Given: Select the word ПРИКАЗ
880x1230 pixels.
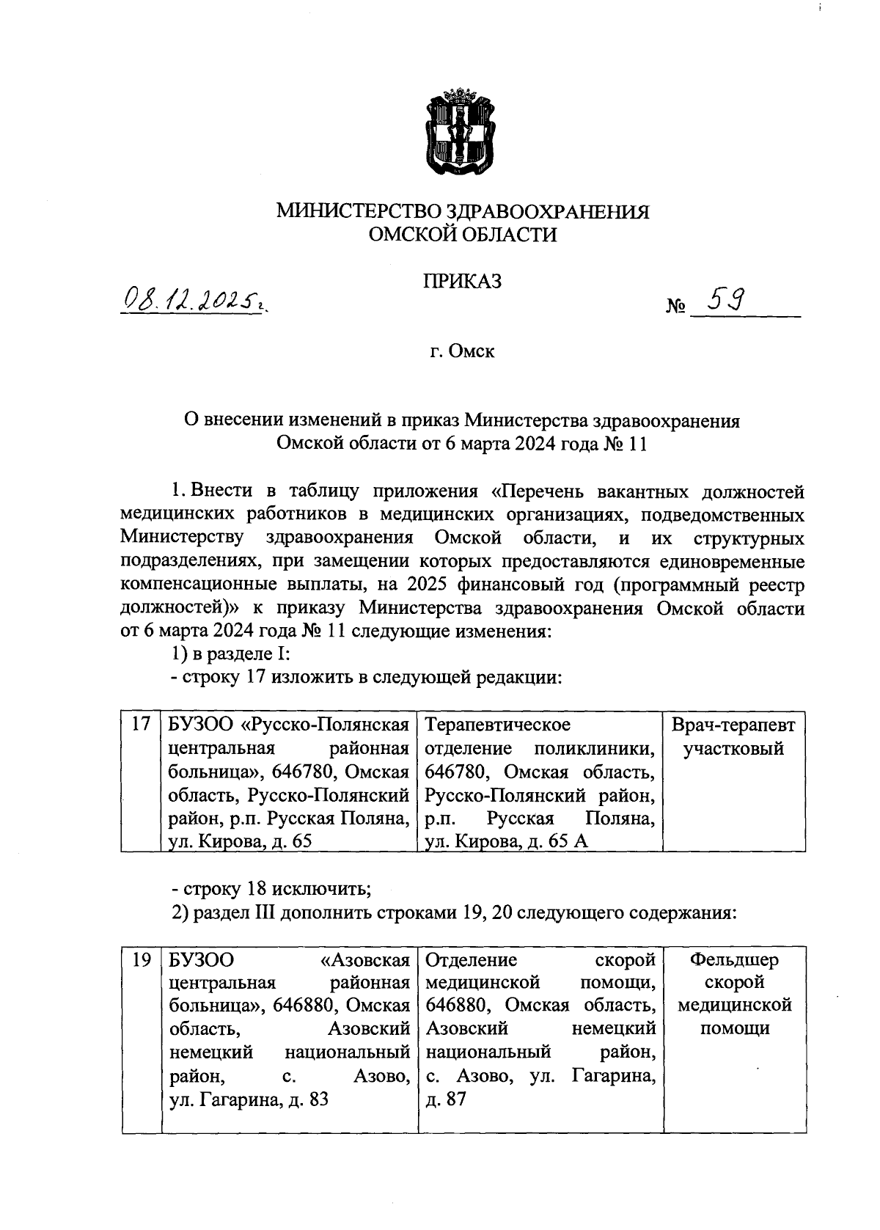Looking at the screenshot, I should click(x=462, y=281).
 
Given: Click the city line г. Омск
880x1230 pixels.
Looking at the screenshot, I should click(x=462, y=352).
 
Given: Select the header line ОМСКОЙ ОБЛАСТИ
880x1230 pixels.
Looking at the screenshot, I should click(x=462, y=235).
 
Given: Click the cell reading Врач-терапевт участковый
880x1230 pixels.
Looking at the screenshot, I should click(x=733, y=737).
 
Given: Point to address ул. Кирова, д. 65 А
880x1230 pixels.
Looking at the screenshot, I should click(x=507, y=842).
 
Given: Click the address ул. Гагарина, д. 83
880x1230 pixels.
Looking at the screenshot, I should click(x=249, y=1100).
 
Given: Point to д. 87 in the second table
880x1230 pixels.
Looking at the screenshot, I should click(x=445, y=1100).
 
